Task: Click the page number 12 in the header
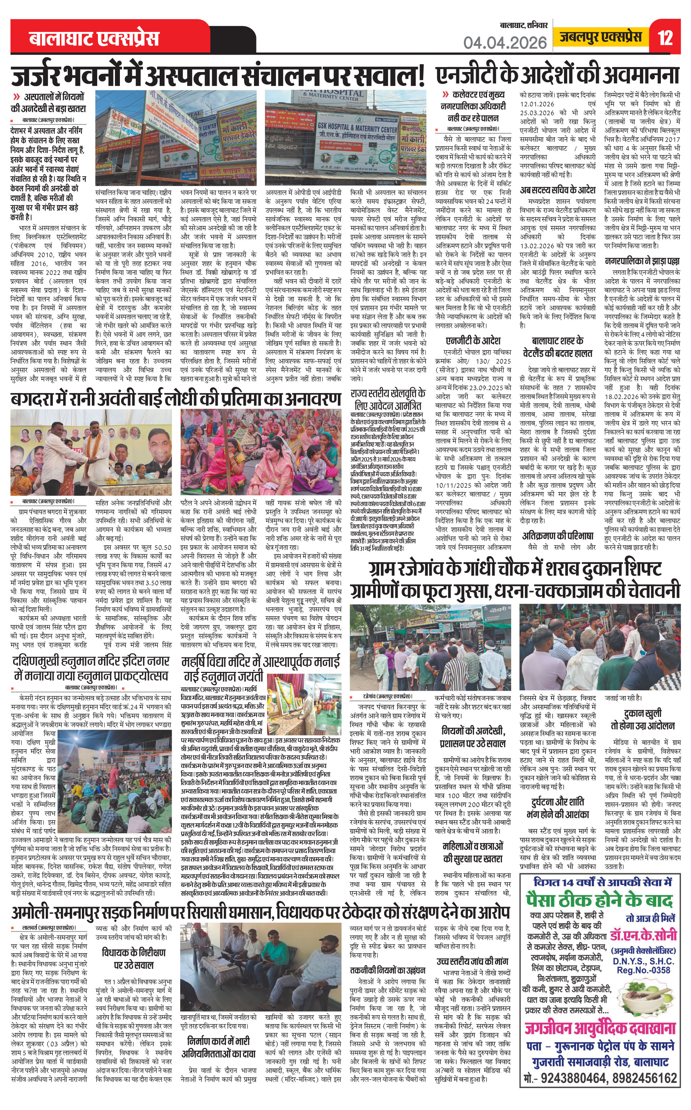click(x=665, y=38)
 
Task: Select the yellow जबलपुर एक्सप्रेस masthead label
click(x=601, y=37)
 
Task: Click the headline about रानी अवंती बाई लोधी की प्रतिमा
click(x=176, y=399)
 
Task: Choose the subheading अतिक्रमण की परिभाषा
click(x=558, y=536)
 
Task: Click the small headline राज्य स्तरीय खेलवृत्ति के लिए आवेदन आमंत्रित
click(x=388, y=399)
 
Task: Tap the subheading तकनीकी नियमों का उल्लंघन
click(x=388, y=970)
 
